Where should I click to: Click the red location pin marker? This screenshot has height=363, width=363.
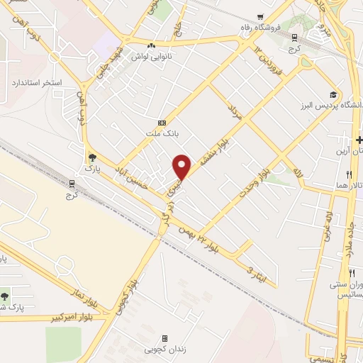[182, 167]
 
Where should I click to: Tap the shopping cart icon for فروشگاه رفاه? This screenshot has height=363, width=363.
[262, 17]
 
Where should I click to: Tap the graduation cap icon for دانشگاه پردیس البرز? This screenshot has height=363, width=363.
[333, 95]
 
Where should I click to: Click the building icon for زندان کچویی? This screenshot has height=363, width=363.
[165, 339]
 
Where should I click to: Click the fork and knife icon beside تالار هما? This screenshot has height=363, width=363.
[349, 174]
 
